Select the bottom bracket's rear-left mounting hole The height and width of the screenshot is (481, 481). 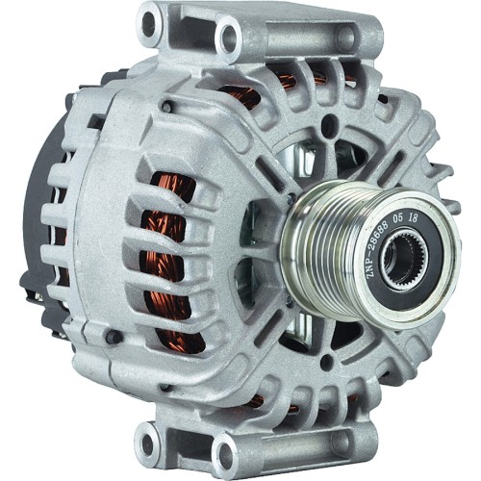[148, 443]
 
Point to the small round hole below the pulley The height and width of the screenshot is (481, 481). [325, 363]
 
